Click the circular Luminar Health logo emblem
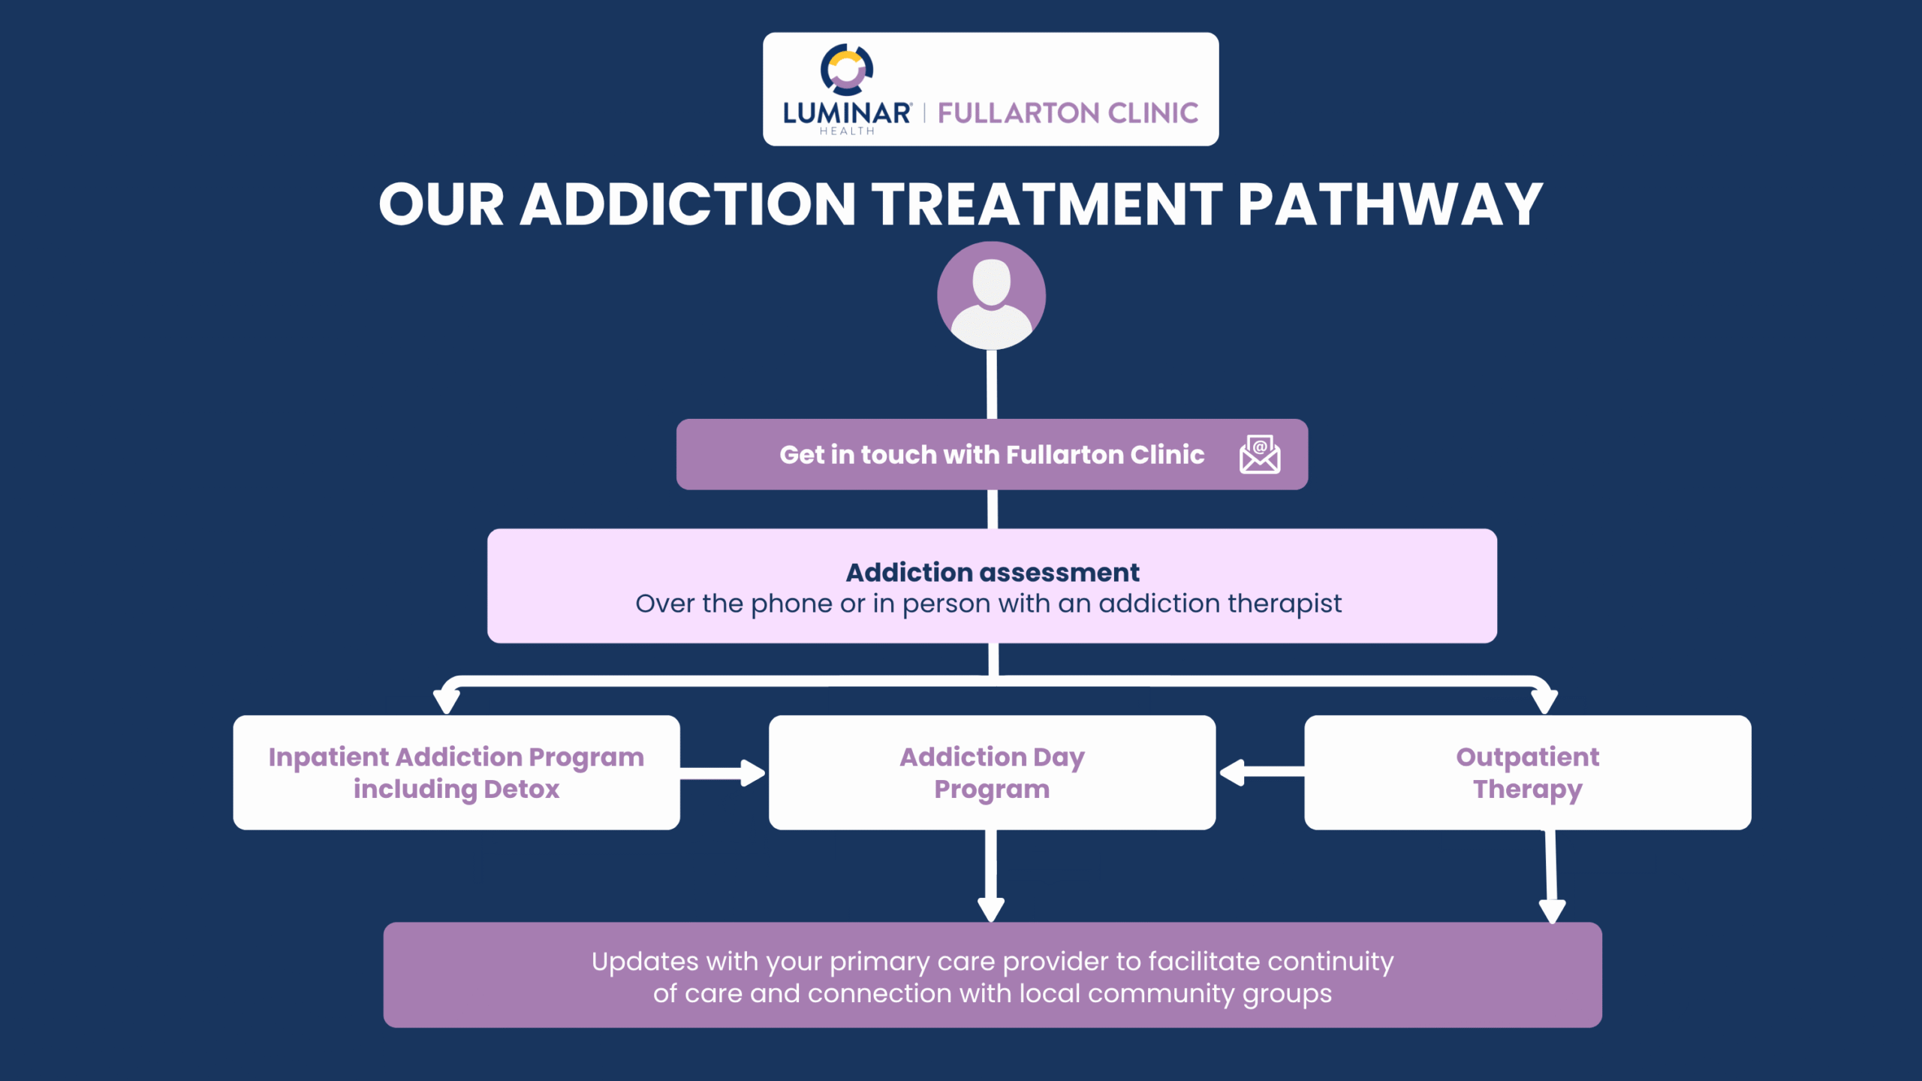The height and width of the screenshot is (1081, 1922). (x=847, y=70)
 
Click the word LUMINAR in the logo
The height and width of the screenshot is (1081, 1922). (x=846, y=113)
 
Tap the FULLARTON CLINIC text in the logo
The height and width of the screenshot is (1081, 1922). (x=1068, y=113)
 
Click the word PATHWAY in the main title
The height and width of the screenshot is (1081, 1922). (x=1390, y=205)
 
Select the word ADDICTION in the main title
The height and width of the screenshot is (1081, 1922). (x=688, y=205)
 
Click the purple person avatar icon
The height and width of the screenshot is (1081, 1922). (x=991, y=296)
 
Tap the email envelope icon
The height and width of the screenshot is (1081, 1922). (x=1259, y=454)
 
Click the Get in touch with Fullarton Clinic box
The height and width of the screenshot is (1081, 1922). (x=991, y=455)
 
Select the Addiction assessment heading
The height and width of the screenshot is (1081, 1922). (x=992, y=573)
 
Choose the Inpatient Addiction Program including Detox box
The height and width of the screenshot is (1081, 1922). (x=456, y=772)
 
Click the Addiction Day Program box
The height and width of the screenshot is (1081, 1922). (x=992, y=772)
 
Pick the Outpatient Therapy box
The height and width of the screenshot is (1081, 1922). (x=1527, y=772)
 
